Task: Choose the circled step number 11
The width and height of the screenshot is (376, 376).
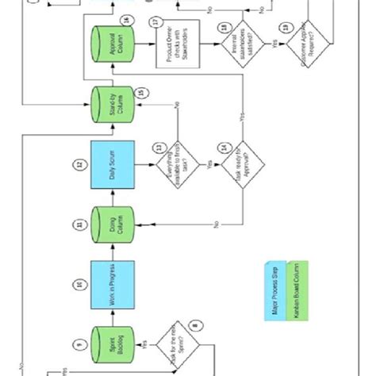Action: coord(79,225)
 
